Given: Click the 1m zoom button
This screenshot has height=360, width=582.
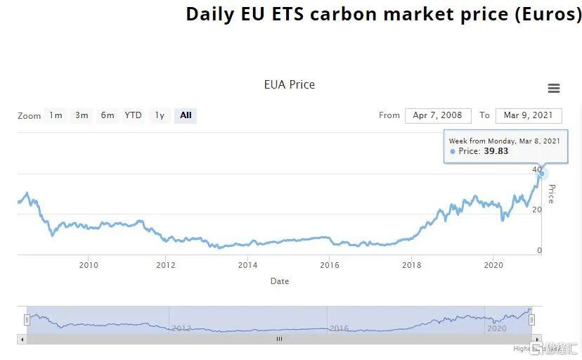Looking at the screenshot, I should tap(56, 115).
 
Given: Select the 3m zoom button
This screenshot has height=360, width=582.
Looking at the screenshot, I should tap(82, 115).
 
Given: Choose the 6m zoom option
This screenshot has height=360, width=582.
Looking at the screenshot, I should tap(108, 115).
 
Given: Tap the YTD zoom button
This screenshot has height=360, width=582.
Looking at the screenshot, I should tap(133, 115).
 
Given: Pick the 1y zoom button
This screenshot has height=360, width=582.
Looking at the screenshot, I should tap(160, 115).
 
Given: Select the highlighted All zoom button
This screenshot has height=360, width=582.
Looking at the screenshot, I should tap(186, 115).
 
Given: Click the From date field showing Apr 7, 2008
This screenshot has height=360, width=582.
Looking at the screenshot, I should tap(437, 115).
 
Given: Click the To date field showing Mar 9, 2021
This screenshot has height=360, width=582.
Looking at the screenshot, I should tap(528, 115).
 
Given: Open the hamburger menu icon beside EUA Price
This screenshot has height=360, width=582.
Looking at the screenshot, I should tap(554, 89).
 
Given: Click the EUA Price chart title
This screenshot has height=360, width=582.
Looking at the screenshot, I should tap(289, 84).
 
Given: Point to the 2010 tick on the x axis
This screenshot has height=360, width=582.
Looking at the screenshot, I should tap(89, 265).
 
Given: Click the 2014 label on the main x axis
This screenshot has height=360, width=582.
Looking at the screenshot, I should tap(247, 265).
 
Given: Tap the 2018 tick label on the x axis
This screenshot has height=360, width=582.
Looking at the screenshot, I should tap(412, 265).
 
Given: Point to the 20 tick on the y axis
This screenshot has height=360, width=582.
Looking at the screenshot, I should tap(537, 210).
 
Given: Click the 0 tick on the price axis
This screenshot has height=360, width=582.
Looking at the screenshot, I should tap(539, 250).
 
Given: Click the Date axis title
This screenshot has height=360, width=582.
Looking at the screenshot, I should tap(280, 281).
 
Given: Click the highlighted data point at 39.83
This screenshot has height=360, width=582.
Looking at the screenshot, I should tap(542, 173).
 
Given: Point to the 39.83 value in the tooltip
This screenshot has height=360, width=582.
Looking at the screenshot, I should tap(496, 151).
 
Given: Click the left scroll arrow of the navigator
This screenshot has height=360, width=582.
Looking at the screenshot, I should tap(22, 339).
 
